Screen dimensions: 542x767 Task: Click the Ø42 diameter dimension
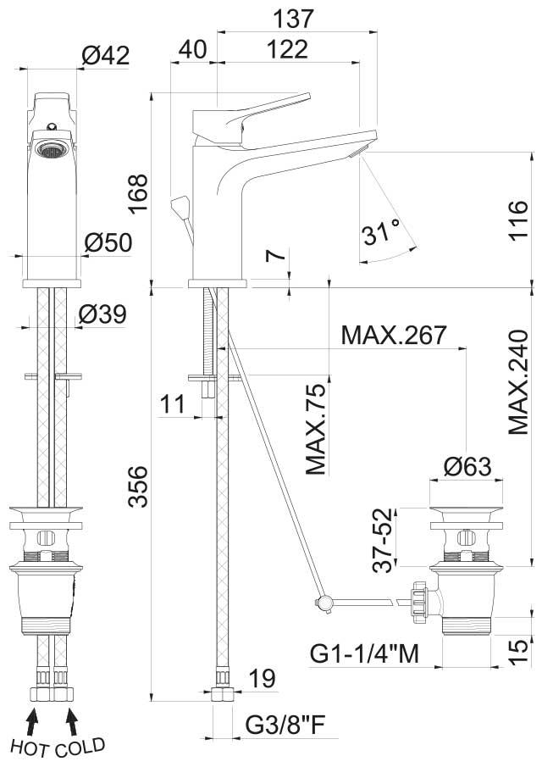click(x=106, y=55)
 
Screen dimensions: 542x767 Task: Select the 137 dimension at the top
click(x=293, y=19)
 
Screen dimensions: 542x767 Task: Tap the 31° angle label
click(x=381, y=231)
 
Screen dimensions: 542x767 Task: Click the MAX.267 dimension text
click(x=394, y=335)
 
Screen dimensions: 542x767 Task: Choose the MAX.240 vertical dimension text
click(x=518, y=382)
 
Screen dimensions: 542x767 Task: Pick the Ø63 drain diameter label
click(x=467, y=466)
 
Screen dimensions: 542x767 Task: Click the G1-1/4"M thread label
click(x=365, y=653)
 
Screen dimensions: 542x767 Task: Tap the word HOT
click(x=30, y=748)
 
